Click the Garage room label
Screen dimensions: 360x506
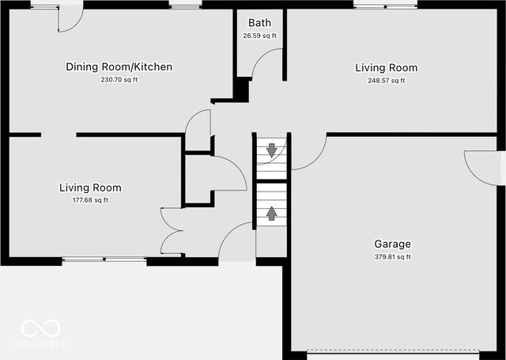tap(392, 244)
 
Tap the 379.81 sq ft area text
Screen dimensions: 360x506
tap(392, 257)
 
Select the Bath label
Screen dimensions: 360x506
tap(259, 23)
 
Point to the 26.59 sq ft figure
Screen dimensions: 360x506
tap(259, 36)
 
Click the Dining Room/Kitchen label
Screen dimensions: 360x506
tap(119, 67)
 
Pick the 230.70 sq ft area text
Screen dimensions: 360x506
tap(119, 80)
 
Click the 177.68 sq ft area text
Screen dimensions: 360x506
tap(90, 200)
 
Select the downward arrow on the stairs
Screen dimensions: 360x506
tap(272, 149)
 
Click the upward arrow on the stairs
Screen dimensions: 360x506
tap(272, 212)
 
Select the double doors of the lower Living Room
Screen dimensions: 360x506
tap(172, 231)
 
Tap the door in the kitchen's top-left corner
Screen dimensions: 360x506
tap(69, 18)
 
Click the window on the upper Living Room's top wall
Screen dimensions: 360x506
tap(386, 6)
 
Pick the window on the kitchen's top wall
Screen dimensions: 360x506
tap(186, 6)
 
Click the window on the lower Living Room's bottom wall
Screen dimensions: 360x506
tap(104, 259)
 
